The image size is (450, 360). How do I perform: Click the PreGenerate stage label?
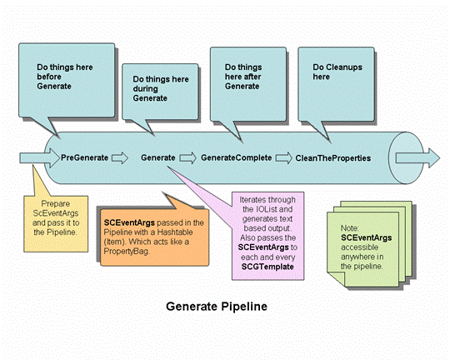pos(84,157)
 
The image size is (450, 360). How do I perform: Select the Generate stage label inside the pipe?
pos(157,157)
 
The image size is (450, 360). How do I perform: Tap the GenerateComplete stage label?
pos(236,157)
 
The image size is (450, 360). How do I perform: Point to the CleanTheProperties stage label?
pos(332,158)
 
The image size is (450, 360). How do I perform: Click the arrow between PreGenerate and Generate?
pos(120,157)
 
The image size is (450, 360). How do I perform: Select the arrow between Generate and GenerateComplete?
pos(188,157)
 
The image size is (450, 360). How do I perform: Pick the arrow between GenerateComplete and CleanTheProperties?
pos(284,157)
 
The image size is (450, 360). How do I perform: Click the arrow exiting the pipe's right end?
pos(417,158)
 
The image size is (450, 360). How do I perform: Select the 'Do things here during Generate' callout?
pos(160,92)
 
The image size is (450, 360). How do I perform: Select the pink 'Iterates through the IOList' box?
pos(267,236)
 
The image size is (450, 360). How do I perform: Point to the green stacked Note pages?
pos(370,244)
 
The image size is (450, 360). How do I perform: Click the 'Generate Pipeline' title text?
pos(217,307)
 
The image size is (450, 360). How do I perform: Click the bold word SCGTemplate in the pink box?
pos(267,267)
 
